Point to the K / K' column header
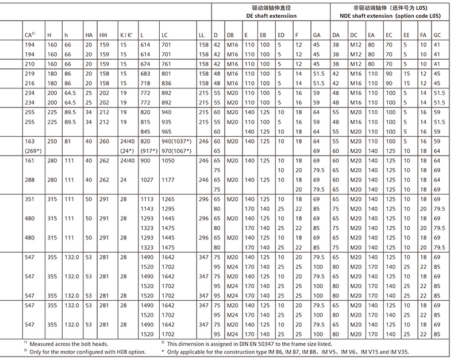(126, 36)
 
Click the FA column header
(423, 36)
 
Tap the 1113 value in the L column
(147, 199)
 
